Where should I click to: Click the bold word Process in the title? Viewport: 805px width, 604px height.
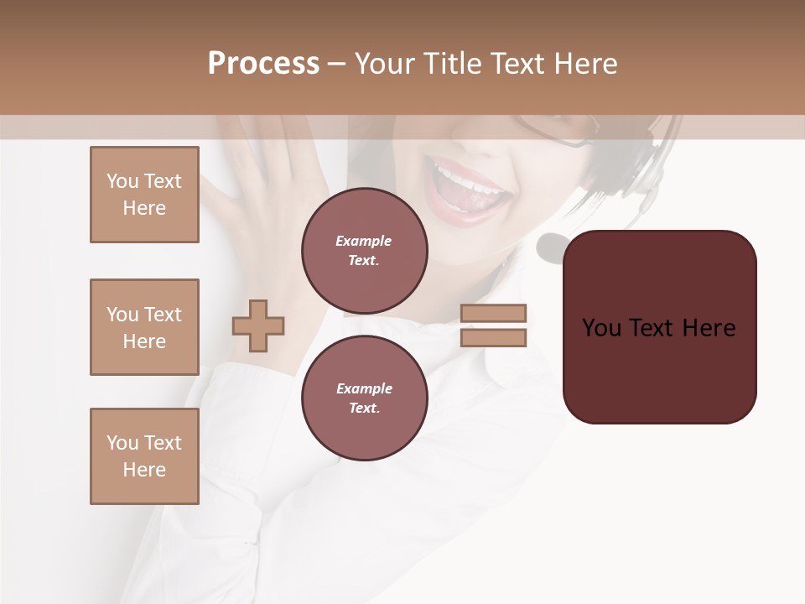click(263, 64)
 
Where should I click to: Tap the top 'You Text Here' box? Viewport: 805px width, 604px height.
click(144, 195)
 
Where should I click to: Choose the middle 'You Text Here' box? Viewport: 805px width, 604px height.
click(144, 327)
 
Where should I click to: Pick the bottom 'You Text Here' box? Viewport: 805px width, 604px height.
click(144, 456)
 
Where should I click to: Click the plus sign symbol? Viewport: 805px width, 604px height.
click(258, 325)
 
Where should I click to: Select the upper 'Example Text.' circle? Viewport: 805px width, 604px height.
click(364, 251)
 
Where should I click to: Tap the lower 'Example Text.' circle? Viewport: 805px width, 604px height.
click(364, 398)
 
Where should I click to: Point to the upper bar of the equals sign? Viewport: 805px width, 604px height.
click(493, 313)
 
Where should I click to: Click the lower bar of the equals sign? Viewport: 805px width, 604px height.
click(493, 338)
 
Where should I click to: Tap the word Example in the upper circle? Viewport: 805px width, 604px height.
click(364, 241)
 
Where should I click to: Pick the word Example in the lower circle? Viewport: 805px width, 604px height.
click(364, 388)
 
